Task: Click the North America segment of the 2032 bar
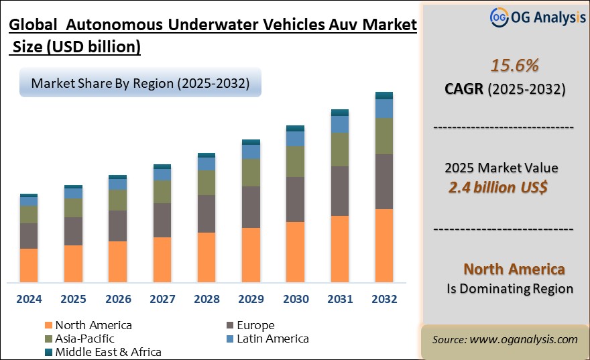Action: pyautogui.click(x=383, y=245)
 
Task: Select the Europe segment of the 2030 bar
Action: pyautogui.click(x=295, y=199)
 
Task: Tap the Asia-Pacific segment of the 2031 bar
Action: pyautogui.click(x=340, y=149)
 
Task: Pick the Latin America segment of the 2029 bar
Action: pyautogui.click(x=251, y=152)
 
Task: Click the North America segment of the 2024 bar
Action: pyautogui.click(x=29, y=265)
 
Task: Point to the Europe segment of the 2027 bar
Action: pyautogui.click(x=162, y=220)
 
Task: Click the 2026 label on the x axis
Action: pyautogui.click(x=117, y=299)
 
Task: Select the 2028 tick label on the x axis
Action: pyautogui.click(x=206, y=299)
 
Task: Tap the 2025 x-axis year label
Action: pyautogui.click(x=73, y=299)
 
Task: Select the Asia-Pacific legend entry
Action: pyautogui.click(x=84, y=339)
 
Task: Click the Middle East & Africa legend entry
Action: pyautogui.click(x=108, y=351)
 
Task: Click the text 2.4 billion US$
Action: pyautogui.click(x=497, y=187)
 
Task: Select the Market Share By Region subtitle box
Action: pyautogui.click(x=139, y=84)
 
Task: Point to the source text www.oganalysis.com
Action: pyautogui.click(x=523, y=339)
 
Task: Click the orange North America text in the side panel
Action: pyautogui.click(x=514, y=269)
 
